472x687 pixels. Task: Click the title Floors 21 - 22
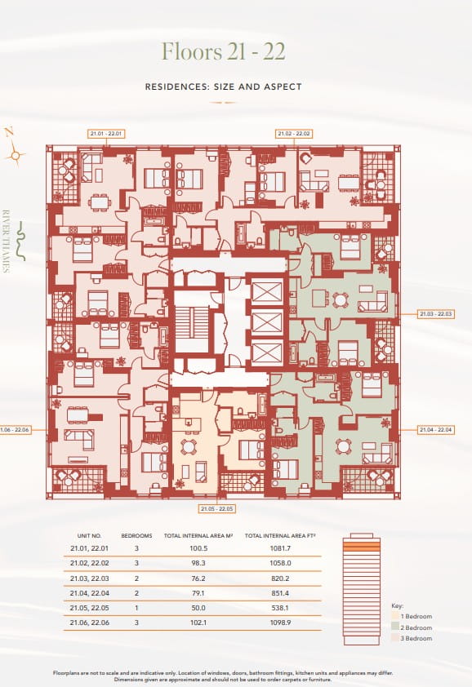coord(223,51)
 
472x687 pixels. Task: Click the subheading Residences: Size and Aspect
coord(223,86)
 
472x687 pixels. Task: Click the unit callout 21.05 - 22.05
coord(217,508)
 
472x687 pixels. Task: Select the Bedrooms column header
coord(136,537)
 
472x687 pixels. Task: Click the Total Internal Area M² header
coord(193,537)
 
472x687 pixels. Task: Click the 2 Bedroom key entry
coord(417,627)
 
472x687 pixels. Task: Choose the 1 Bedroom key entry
coord(417,616)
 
